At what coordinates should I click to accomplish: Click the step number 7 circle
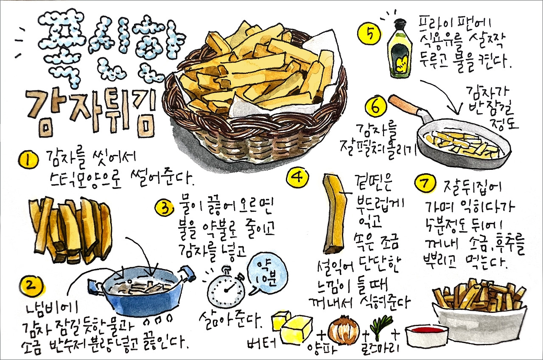(x=425, y=184)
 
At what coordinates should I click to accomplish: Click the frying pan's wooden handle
(x=408, y=107)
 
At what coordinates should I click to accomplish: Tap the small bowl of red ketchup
(x=427, y=335)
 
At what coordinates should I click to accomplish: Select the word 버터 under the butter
(x=263, y=342)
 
